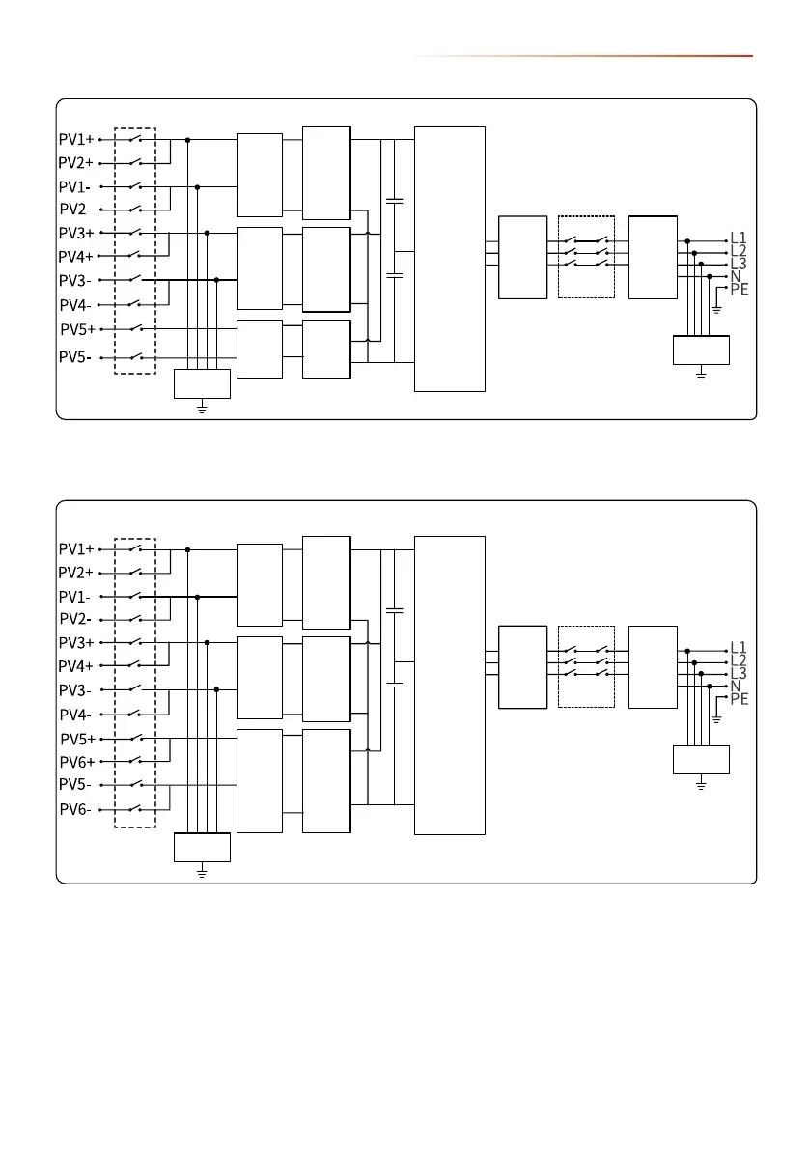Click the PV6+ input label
point(76,763)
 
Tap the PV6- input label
point(75,809)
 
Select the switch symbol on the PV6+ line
point(135,762)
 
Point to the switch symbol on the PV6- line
point(135,808)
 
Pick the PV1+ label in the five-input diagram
point(76,139)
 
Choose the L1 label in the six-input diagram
point(739,647)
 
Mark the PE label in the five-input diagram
point(740,289)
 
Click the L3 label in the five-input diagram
point(739,263)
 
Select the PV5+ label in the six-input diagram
point(77,740)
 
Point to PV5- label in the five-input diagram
point(75,357)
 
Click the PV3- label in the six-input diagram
point(75,690)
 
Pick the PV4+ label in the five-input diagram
point(76,257)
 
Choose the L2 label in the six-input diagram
point(739,660)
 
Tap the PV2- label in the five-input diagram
point(75,209)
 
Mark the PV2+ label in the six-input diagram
point(76,573)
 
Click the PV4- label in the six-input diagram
point(75,715)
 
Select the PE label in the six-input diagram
point(740,698)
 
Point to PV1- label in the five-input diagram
point(75,186)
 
